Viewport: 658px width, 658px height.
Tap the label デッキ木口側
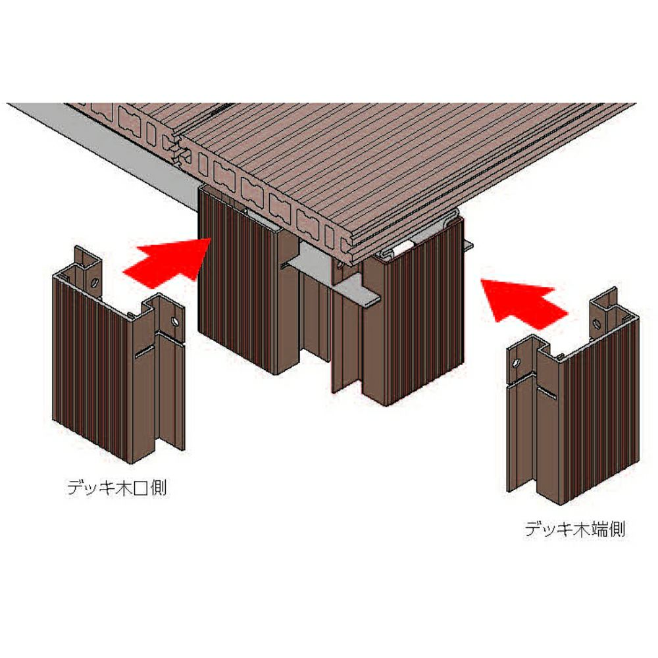tap(117, 488)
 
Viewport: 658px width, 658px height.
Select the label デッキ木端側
tap(575, 529)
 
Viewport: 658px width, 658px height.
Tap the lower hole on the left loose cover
tap(174, 321)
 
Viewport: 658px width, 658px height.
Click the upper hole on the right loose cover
tap(596, 324)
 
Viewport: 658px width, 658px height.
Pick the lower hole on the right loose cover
tap(517, 363)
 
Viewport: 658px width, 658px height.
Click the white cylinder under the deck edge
tap(405, 247)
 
